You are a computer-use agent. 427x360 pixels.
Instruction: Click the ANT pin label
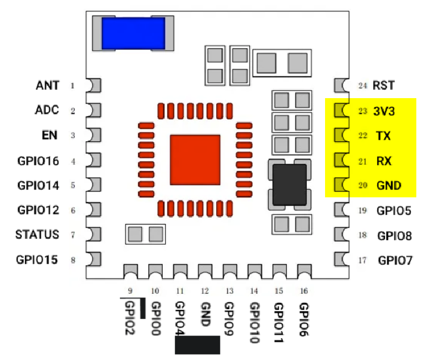[48, 85]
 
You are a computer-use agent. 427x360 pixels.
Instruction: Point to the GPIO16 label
[38, 161]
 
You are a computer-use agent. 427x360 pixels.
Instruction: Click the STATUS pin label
[37, 235]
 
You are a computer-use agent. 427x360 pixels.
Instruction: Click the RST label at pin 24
[384, 85]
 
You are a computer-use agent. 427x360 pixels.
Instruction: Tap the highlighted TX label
[383, 136]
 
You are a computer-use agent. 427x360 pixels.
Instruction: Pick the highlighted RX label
[383, 161]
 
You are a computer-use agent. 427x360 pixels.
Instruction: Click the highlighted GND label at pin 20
[388, 186]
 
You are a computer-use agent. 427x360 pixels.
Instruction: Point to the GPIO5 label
[394, 211]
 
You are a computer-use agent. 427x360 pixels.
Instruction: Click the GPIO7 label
[394, 261]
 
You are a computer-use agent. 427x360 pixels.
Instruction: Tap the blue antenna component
[133, 33]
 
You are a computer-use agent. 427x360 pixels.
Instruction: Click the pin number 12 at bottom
[204, 291]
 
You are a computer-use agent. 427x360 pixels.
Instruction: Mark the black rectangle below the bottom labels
[197, 345]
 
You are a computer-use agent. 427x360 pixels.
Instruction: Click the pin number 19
[363, 211]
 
